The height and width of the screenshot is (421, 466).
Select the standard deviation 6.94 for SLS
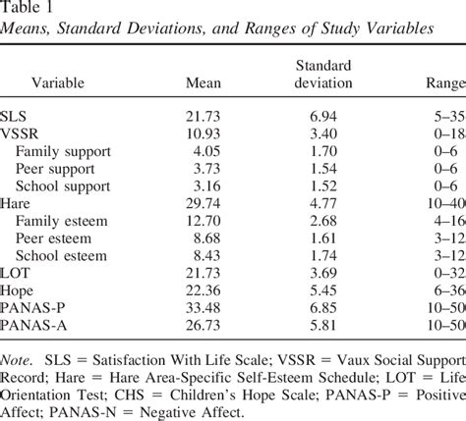pos(320,115)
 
